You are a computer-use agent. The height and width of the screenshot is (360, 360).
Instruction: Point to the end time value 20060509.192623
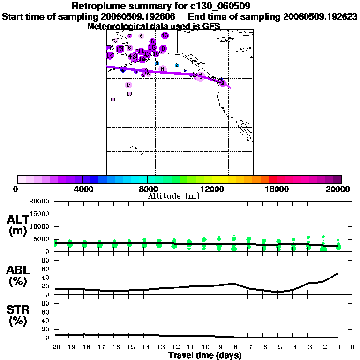[x=321, y=17]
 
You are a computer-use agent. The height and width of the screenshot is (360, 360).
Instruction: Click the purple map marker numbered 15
[x=152, y=47]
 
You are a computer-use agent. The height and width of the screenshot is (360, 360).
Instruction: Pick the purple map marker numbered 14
[x=110, y=55]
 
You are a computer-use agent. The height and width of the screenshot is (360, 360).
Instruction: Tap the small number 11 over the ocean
[x=112, y=99]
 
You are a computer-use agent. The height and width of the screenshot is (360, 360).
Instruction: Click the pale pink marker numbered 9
[x=128, y=85]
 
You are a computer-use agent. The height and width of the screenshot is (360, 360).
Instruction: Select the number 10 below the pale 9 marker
[x=129, y=94]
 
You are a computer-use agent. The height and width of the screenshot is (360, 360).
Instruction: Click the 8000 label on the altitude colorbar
[x=147, y=189]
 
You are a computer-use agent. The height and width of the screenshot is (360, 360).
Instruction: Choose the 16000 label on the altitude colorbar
[x=277, y=189]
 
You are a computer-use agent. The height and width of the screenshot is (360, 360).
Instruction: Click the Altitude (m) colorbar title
[x=173, y=196]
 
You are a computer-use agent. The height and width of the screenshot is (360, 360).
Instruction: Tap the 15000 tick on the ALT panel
[x=41, y=214]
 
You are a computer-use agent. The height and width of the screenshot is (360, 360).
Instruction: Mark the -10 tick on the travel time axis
[x=202, y=347]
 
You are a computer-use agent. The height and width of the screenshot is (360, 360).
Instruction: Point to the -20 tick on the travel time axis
[x=55, y=347]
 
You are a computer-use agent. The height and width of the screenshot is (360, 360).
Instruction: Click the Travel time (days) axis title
[x=205, y=355]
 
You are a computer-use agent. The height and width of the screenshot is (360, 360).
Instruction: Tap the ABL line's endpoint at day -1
[x=338, y=273]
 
